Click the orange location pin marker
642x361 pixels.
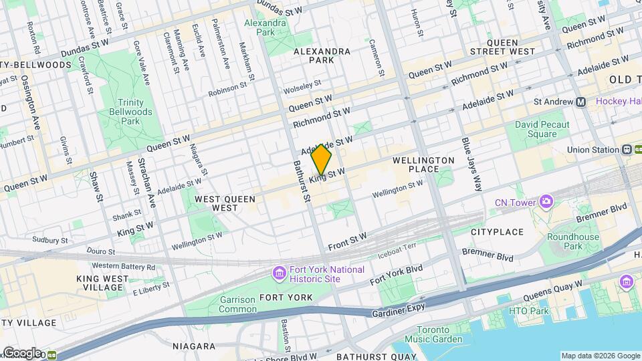[322, 160]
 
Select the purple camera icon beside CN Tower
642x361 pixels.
[547, 201]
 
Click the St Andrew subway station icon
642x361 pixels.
[580, 102]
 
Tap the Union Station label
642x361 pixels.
[593, 150]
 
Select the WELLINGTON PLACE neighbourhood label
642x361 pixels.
[433, 164]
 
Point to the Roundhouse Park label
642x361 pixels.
[573, 241]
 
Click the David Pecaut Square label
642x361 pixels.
[542, 129]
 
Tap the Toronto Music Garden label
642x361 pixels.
[439, 334]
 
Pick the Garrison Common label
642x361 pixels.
[237, 305]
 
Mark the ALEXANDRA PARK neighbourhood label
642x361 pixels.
[322, 55]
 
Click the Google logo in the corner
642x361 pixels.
[21, 353]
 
